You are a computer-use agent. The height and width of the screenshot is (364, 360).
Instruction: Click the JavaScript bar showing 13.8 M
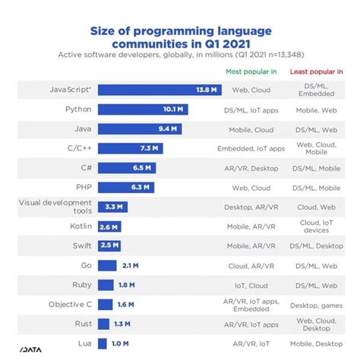[x=159, y=89]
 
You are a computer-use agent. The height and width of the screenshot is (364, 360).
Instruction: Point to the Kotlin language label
[x=81, y=226]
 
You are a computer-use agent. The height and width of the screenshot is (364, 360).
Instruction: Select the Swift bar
[x=109, y=245]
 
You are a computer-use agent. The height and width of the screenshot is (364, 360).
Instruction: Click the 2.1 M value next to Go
[x=128, y=265]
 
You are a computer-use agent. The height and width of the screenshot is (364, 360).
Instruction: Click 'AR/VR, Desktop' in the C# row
[x=251, y=167]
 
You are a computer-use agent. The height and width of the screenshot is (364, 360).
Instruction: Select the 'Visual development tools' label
[x=56, y=207]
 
